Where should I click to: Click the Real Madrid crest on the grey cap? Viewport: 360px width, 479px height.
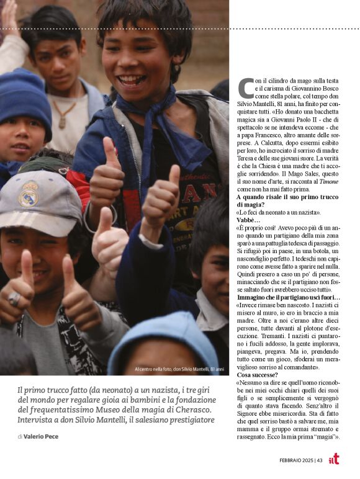tap(28, 194)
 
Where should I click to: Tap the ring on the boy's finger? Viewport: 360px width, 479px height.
tap(14, 299)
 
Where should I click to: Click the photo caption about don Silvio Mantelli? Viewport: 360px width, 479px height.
tap(179, 370)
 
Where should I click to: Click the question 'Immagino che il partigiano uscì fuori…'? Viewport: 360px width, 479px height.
tap(288, 298)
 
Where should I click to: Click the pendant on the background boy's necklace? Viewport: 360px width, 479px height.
tap(62, 123)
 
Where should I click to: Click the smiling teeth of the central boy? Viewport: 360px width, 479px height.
tap(132, 80)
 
